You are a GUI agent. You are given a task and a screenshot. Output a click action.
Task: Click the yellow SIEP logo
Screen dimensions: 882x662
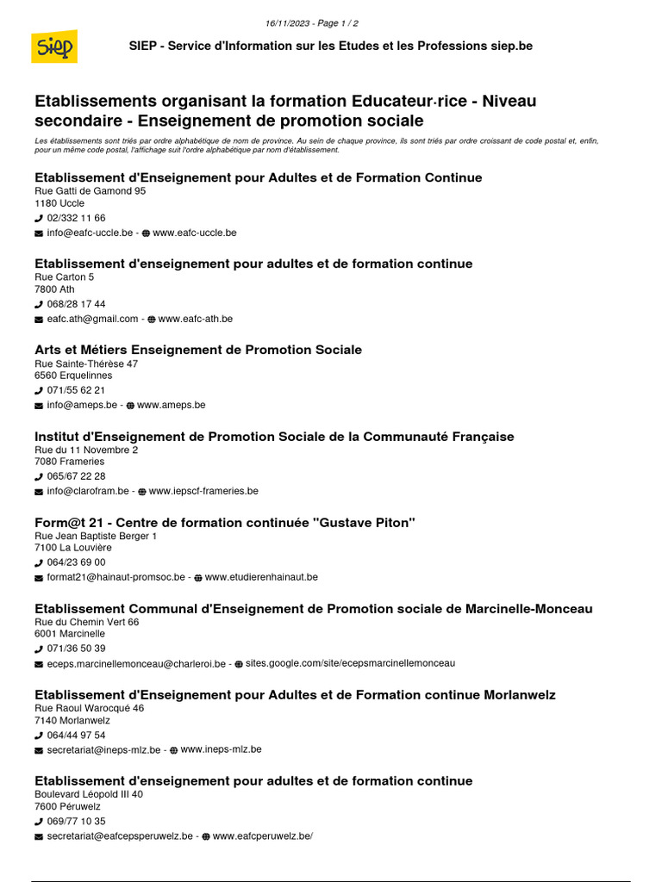pos(54,47)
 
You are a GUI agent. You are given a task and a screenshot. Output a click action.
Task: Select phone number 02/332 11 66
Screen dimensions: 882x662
pos(76,218)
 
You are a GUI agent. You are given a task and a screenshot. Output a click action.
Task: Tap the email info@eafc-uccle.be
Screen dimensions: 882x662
pos(90,233)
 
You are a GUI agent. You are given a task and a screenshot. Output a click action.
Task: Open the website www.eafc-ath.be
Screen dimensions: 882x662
pos(195,319)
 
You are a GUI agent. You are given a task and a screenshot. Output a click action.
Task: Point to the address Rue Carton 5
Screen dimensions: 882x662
pos(65,277)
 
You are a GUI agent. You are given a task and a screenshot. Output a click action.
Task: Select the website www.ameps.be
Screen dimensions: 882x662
pos(171,405)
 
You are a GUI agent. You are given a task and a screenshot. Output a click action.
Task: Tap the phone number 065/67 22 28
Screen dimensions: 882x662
pos(76,476)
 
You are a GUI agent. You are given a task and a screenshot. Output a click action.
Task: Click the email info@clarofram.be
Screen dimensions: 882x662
pos(88,491)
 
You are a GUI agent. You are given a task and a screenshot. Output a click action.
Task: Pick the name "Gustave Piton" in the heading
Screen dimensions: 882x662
pos(366,523)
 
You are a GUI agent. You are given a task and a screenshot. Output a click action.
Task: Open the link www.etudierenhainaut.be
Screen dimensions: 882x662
pos(261,577)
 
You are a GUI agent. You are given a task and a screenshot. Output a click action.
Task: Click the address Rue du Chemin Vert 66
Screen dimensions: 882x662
pos(86,622)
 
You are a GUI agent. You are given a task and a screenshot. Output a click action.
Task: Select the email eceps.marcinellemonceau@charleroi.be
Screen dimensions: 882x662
pos(136,663)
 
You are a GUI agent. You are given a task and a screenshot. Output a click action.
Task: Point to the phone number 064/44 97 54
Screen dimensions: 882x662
pos(76,735)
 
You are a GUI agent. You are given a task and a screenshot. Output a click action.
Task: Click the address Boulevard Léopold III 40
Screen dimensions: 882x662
pos(89,794)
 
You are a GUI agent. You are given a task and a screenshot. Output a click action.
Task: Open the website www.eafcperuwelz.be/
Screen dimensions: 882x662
pos(262,835)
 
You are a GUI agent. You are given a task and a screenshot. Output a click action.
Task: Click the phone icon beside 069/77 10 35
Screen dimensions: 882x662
pos(39,822)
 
